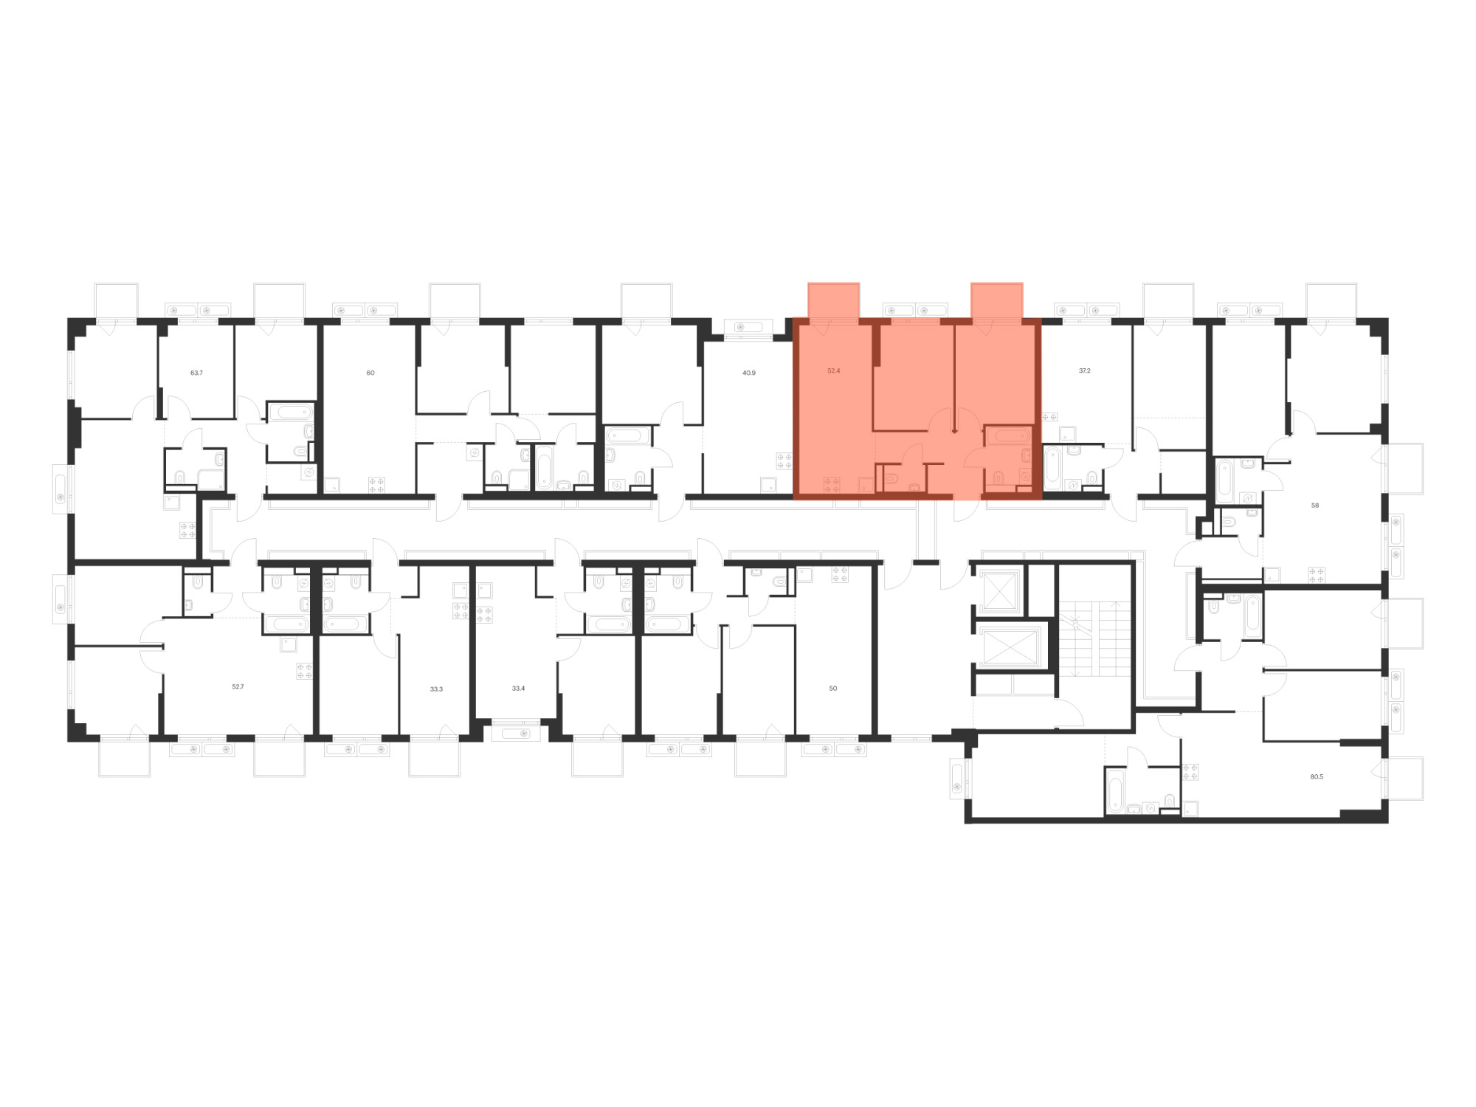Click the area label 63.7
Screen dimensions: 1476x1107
(x=196, y=373)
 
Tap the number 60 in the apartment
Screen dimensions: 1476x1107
(x=370, y=373)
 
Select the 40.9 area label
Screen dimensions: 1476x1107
(x=749, y=373)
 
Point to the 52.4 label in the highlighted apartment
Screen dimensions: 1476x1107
(x=834, y=370)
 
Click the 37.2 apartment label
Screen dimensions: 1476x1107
(x=1085, y=370)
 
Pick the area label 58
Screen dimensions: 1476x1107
(x=1315, y=506)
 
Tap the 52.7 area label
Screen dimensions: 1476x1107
(x=238, y=686)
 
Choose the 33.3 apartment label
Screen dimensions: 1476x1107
(x=436, y=689)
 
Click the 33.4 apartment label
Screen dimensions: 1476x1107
(x=518, y=689)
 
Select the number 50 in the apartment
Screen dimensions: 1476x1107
(x=833, y=689)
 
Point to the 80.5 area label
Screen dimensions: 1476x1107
(x=1317, y=776)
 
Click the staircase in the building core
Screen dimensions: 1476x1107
(x=1095, y=639)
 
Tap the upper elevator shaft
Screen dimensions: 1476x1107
(x=999, y=590)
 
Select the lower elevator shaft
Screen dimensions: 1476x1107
(x=1009, y=646)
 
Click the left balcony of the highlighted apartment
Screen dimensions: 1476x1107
(x=834, y=301)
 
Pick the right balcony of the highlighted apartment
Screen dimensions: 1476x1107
(x=997, y=301)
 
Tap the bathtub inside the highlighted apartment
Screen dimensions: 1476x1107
(x=1008, y=435)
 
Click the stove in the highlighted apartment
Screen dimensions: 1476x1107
(x=832, y=485)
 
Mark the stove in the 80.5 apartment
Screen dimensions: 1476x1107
(x=1190, y=772)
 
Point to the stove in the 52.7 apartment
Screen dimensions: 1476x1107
(x=304, y=671)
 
